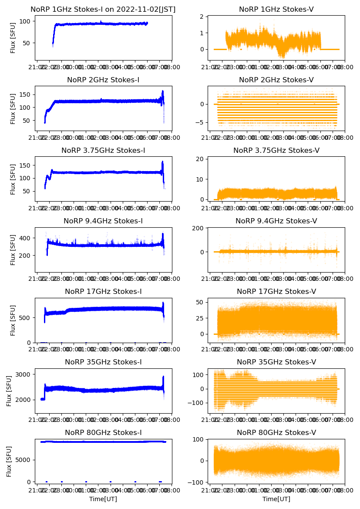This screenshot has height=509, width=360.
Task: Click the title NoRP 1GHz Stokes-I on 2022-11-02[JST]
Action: point(103,10)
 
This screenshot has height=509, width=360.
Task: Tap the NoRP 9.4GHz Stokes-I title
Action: point(103,221)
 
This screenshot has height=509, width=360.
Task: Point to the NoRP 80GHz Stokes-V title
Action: point(276,433)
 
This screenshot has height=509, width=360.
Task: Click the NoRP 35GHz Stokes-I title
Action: point(103,362)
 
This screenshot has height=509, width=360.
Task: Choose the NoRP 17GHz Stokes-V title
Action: point(276,292)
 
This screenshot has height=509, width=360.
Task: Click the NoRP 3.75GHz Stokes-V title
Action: point(276,151)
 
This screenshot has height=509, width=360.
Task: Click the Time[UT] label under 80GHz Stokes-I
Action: point(103,499)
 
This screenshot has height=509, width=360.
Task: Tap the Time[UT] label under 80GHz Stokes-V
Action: point(276,499)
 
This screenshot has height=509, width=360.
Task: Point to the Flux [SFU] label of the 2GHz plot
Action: point(13,108)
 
